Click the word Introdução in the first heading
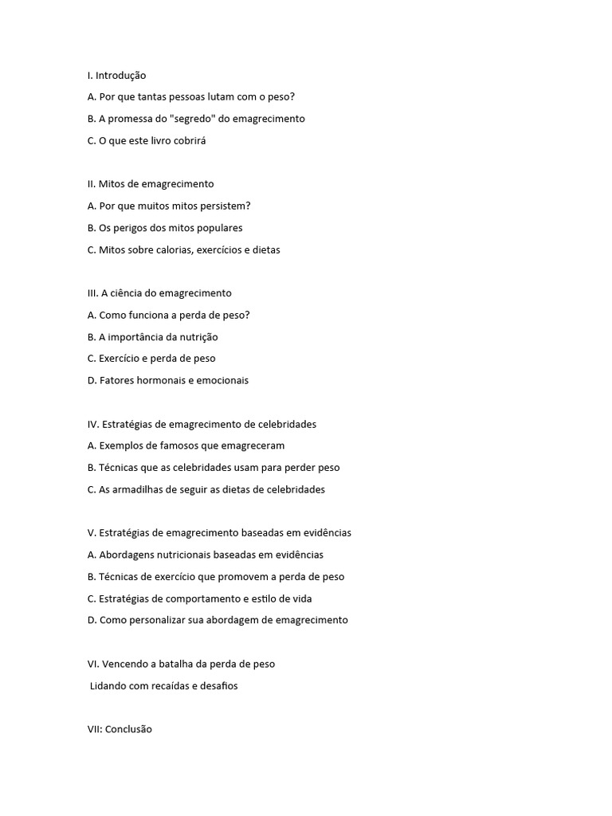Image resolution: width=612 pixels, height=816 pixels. pyautogui.click(x=120, y=76)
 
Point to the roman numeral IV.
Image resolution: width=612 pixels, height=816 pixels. pyautogui.click(x=92, y=424)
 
